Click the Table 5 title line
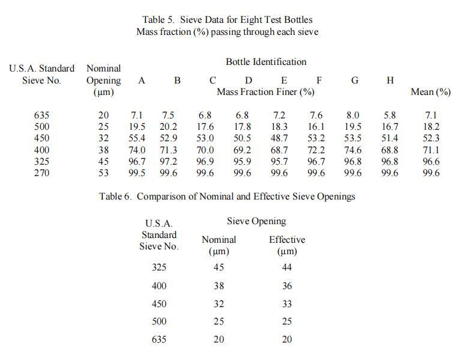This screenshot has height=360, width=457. tap(227, 20)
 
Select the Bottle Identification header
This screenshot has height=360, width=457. tap(265, 62)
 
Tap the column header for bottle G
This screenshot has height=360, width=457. tap(354, 81)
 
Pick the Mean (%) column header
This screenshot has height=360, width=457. tap(431, 92)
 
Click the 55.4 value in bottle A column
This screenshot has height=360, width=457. tap(138, 138)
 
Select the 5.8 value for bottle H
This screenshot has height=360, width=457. tap(390, 115)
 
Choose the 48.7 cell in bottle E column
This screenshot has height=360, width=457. tap(279, 138)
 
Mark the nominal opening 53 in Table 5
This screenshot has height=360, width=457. tap(103, 173)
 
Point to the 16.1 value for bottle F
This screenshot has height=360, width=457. tap(316, 127)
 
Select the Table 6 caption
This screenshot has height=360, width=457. tap(227, 196)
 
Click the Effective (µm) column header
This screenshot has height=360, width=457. tap(286, 245)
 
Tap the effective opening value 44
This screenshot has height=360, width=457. tap(286, 268)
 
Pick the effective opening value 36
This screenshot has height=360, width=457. tap(286, 286)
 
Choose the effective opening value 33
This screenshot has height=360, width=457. tap(286, 304)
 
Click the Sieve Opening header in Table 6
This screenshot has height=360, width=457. tap(256, 221)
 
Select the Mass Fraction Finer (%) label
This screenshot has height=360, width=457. tap(265, 92)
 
